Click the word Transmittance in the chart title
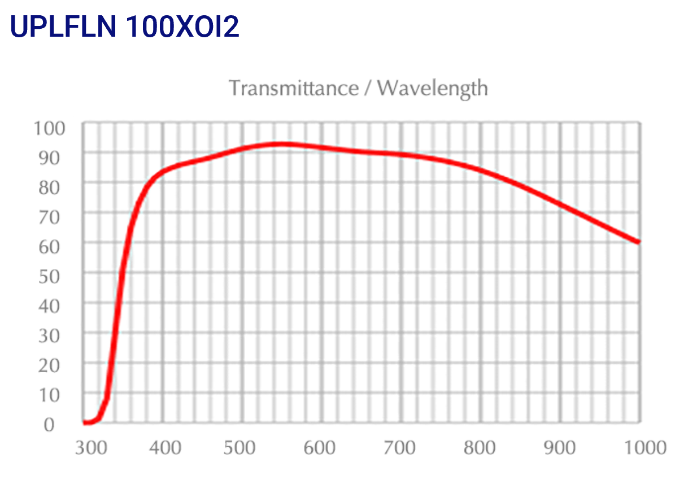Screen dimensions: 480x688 (294, 88)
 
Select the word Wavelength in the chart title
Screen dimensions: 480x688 (432, 88)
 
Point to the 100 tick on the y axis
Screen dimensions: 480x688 (50, 128)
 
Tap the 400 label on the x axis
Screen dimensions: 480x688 (164, 448)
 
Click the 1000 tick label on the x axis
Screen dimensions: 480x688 (643, 448)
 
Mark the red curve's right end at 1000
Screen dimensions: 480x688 (639, 242)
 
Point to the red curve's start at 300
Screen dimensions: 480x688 (85, 422)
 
